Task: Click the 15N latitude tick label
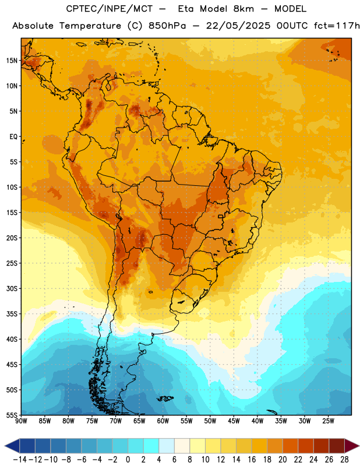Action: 12,61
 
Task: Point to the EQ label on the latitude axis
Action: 13,137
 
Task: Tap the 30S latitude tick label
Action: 12,288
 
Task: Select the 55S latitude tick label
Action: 12,415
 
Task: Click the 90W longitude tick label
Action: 22,421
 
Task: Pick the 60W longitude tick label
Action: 163,421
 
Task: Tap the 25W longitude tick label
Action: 328,421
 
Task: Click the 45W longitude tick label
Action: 234,421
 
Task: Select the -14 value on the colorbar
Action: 20,460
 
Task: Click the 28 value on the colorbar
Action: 344,460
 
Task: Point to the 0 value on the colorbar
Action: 128,460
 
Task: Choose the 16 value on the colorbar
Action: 252,460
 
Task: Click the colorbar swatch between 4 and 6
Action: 167,446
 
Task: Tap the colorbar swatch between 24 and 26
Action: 322,446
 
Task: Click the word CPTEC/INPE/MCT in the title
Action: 110,9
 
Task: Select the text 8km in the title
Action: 243,9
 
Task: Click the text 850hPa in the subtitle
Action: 167,26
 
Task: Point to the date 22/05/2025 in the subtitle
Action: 238,26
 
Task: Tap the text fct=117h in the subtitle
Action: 337,26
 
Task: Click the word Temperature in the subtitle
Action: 90,26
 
